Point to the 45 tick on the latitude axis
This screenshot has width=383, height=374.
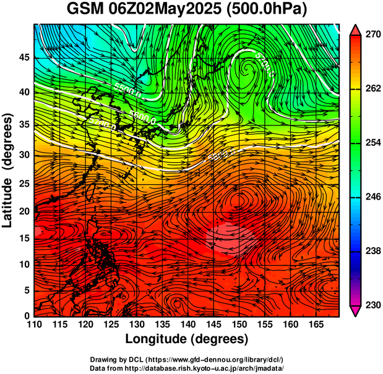coord(22,57)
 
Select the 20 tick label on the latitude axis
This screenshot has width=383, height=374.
coord(22,211)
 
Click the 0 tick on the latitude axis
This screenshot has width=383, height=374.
coord(25,316)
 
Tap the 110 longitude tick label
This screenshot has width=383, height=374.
coord(34,325)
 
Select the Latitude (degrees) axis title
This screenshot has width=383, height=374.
coord(9,170)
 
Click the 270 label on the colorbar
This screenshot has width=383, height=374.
coord(371,36)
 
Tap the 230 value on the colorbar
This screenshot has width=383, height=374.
coord(371,305)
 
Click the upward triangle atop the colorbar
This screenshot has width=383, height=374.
coord(356,30)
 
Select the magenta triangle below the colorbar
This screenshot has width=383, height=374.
coord(356,311)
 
